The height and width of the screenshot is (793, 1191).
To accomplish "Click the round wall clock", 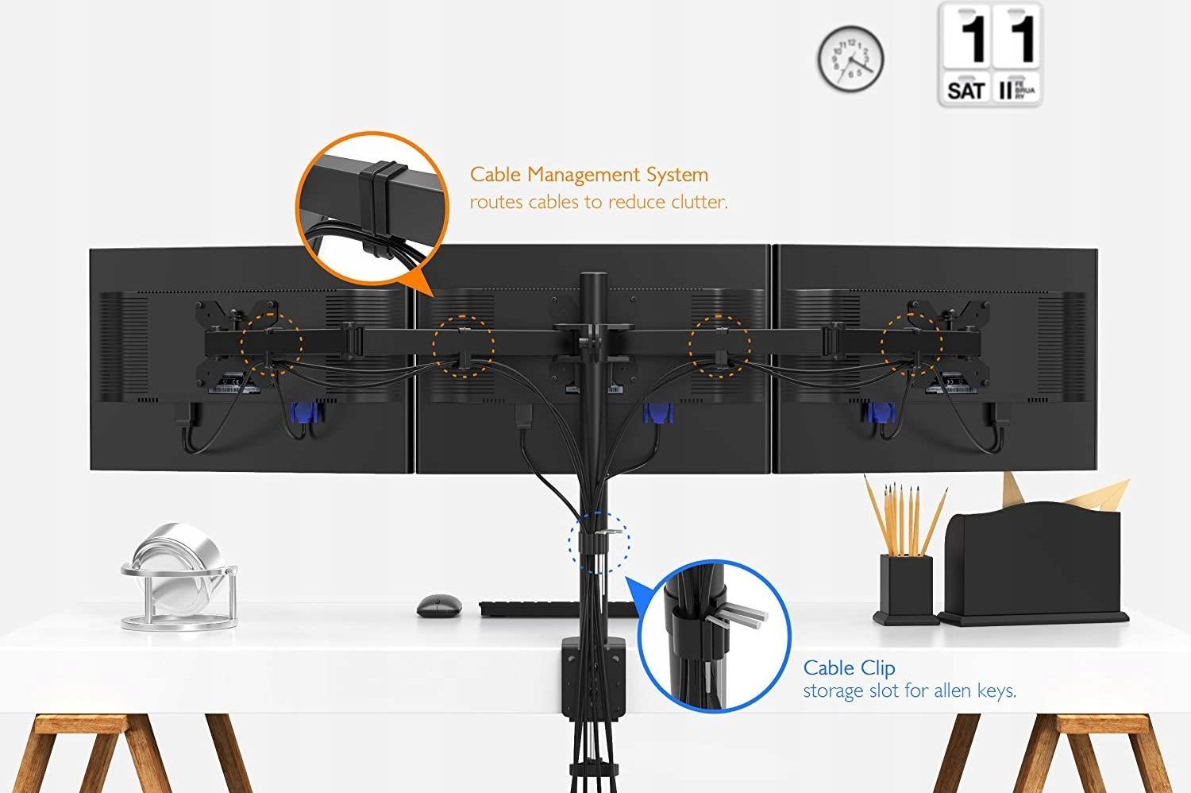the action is click(x=850, y=59).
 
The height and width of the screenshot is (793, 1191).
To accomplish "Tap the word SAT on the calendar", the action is click(x=966, y=91).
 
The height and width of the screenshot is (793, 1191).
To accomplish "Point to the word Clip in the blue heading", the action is click(x=878, y=668).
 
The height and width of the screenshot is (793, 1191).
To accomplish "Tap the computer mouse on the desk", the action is click(x=439, y=606).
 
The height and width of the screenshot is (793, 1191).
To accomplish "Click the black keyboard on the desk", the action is click(x=556, y=609).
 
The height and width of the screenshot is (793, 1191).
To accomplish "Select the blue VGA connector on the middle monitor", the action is click(x=658, y=413).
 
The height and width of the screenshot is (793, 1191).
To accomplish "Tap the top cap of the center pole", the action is click(x=593, y=277).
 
